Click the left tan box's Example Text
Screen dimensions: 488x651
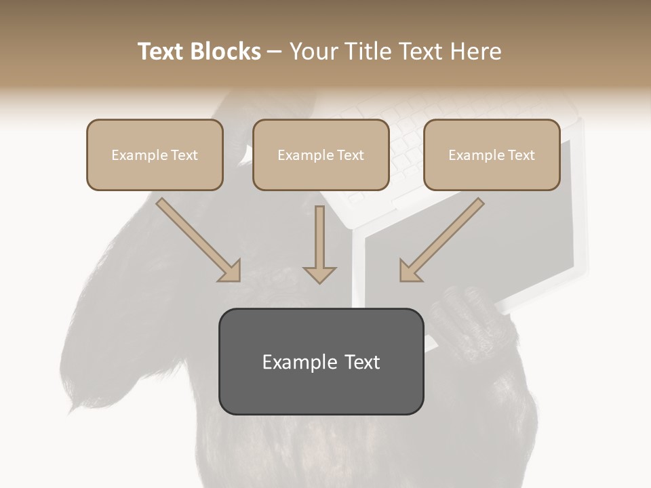click(155, 155)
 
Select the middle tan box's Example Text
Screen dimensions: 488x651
click(321, 155)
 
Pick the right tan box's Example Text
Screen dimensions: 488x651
click(492, 155)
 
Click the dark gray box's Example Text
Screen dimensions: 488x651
click(321, 362)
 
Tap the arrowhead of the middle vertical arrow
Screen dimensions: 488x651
click(319, 274)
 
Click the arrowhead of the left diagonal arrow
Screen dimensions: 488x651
click(231, 271)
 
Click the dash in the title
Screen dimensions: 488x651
click(275, 52)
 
